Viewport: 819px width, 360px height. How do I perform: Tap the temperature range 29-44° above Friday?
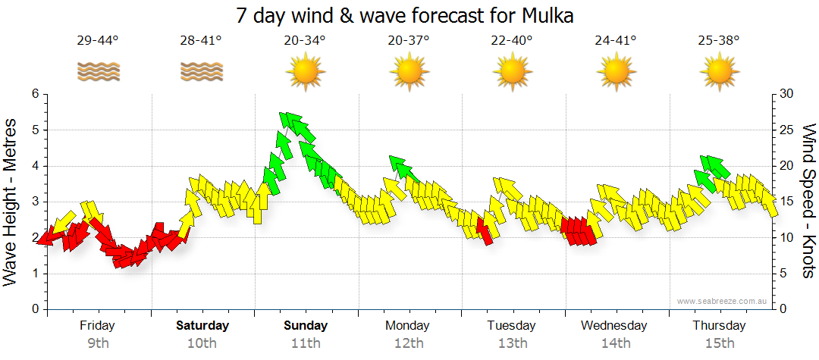click(98, 40)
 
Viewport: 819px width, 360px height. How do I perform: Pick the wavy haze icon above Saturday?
click(201, 72)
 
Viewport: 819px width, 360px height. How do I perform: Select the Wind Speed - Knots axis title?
click(808, 201)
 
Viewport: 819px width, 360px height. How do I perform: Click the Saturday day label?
click(202, 326)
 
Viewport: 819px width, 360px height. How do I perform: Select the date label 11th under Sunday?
click(305, 343)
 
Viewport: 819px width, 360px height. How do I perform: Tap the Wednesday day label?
click(614, 326)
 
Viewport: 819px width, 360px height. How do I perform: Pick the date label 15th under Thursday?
click(719, 343)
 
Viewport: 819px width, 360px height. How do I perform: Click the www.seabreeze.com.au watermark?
click(723, 301)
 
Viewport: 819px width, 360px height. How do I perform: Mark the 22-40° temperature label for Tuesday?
click(511, 40)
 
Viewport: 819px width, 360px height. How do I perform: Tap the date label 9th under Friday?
click(98, 343)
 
